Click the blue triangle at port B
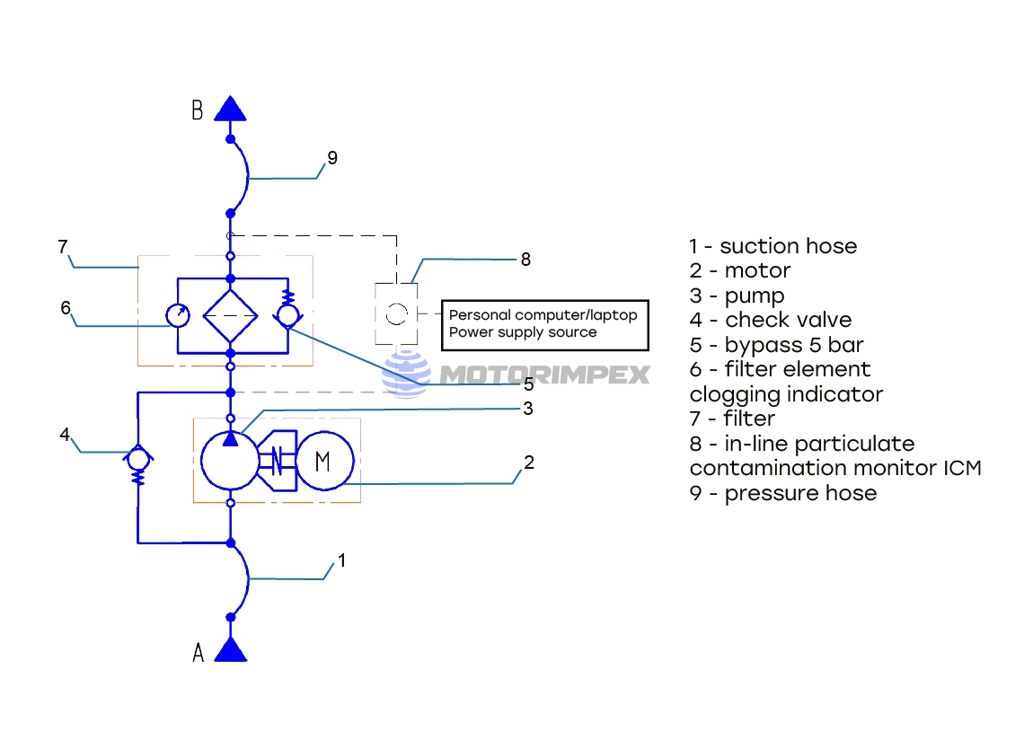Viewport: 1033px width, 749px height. (x=230, y=110)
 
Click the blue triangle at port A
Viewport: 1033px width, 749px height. (x=231, y=649)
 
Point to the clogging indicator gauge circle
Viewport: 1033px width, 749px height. (x=178, y=316)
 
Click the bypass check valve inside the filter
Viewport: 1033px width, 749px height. (x=287, y=315)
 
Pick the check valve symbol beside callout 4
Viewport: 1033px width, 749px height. (x=137, y=458)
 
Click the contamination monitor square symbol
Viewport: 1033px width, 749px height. (x=396, y=313)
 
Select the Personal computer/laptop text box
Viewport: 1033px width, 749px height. (x=544, y=324)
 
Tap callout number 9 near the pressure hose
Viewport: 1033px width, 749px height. (x=332, y=158)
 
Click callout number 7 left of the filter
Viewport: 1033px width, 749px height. (x=63, y=247)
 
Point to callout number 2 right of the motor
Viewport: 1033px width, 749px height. (x=529, y=463)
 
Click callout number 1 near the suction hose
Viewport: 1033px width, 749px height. (x=341, y=560)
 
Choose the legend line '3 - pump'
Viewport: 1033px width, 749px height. (x=737, y=295)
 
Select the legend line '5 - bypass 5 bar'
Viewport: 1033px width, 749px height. (x=776, y=345)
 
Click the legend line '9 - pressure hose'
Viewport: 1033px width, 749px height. (x=782, y=493)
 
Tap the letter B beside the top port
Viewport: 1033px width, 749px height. (x=198, y=110)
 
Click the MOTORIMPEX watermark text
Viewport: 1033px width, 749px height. (x=544, y=374)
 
